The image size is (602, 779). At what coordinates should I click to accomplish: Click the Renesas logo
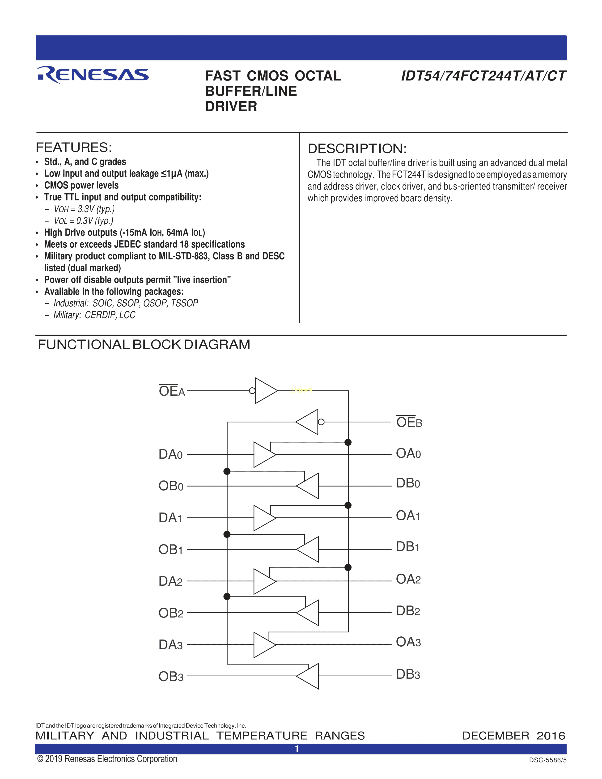click(x=93, y=75)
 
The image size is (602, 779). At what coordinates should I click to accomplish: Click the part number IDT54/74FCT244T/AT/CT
click(x=483, y=76)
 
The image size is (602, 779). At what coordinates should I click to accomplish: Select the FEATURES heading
click(x=74, y=147)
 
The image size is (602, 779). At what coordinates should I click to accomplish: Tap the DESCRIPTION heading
click(x=357, y=148)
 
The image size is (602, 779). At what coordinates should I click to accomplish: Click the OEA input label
click(x=172, y=391)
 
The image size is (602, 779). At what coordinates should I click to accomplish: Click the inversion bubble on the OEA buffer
click(x=252, y=391)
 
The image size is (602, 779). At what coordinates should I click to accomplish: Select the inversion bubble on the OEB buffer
click(x=321, y=422)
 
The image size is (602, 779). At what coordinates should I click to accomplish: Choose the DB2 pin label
click(x=408, y=611)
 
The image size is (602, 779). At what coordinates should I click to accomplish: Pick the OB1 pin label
click(x=170, y=550)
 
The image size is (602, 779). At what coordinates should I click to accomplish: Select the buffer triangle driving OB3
click(x=309, y=676)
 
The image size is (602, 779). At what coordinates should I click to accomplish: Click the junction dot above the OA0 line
click(x=348, y=442)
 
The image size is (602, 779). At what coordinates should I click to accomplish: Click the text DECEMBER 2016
click(x=513, y=736)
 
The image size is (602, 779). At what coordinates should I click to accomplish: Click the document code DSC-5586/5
click(x=547, y=760)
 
